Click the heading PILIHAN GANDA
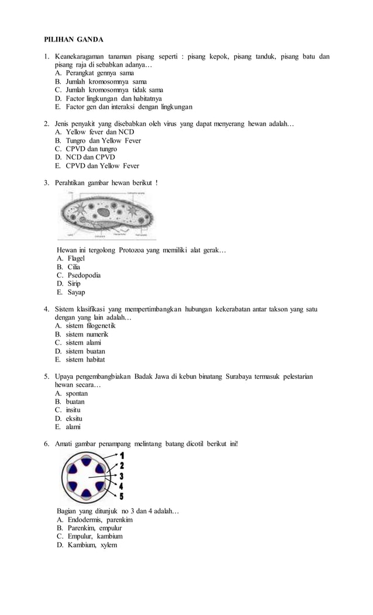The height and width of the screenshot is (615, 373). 74,40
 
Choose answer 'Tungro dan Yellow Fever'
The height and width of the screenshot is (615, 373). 103,141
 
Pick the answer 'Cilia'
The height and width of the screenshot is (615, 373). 72,267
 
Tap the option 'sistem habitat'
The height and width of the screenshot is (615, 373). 86,360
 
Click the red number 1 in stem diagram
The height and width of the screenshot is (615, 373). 122,455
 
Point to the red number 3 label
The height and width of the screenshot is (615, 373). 122,476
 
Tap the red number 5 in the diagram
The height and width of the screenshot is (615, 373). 122,497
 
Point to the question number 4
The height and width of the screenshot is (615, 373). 46,309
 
